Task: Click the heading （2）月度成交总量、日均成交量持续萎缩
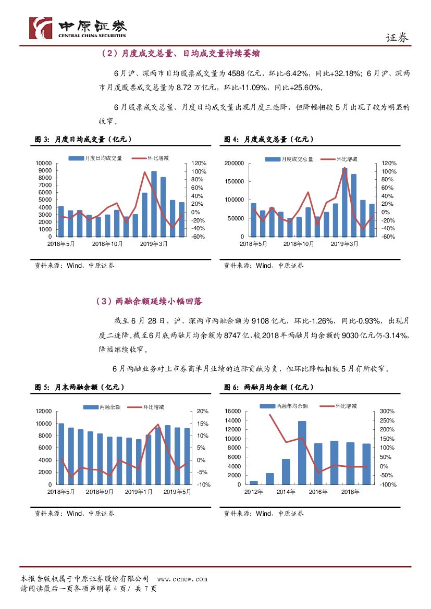pyautogui.click(x=178, y=54)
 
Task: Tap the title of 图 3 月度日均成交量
pyautogui.click(x=83, y=139)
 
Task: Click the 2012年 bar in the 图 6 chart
pyautogui.click(x=254, y=482)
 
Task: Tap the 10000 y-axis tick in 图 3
pyautogui.click(x=45, y=163)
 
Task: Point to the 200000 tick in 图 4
pyautogui.click(x=233, y=163)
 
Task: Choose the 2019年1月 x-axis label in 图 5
pyautogui.click(x=139, y=491)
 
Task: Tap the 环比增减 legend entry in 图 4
pyautogui.click(x=342, y=159)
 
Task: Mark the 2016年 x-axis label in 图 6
pyautogui.click(x=318, y=491)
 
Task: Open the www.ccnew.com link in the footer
pyautogui.click(x=182, y=579)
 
